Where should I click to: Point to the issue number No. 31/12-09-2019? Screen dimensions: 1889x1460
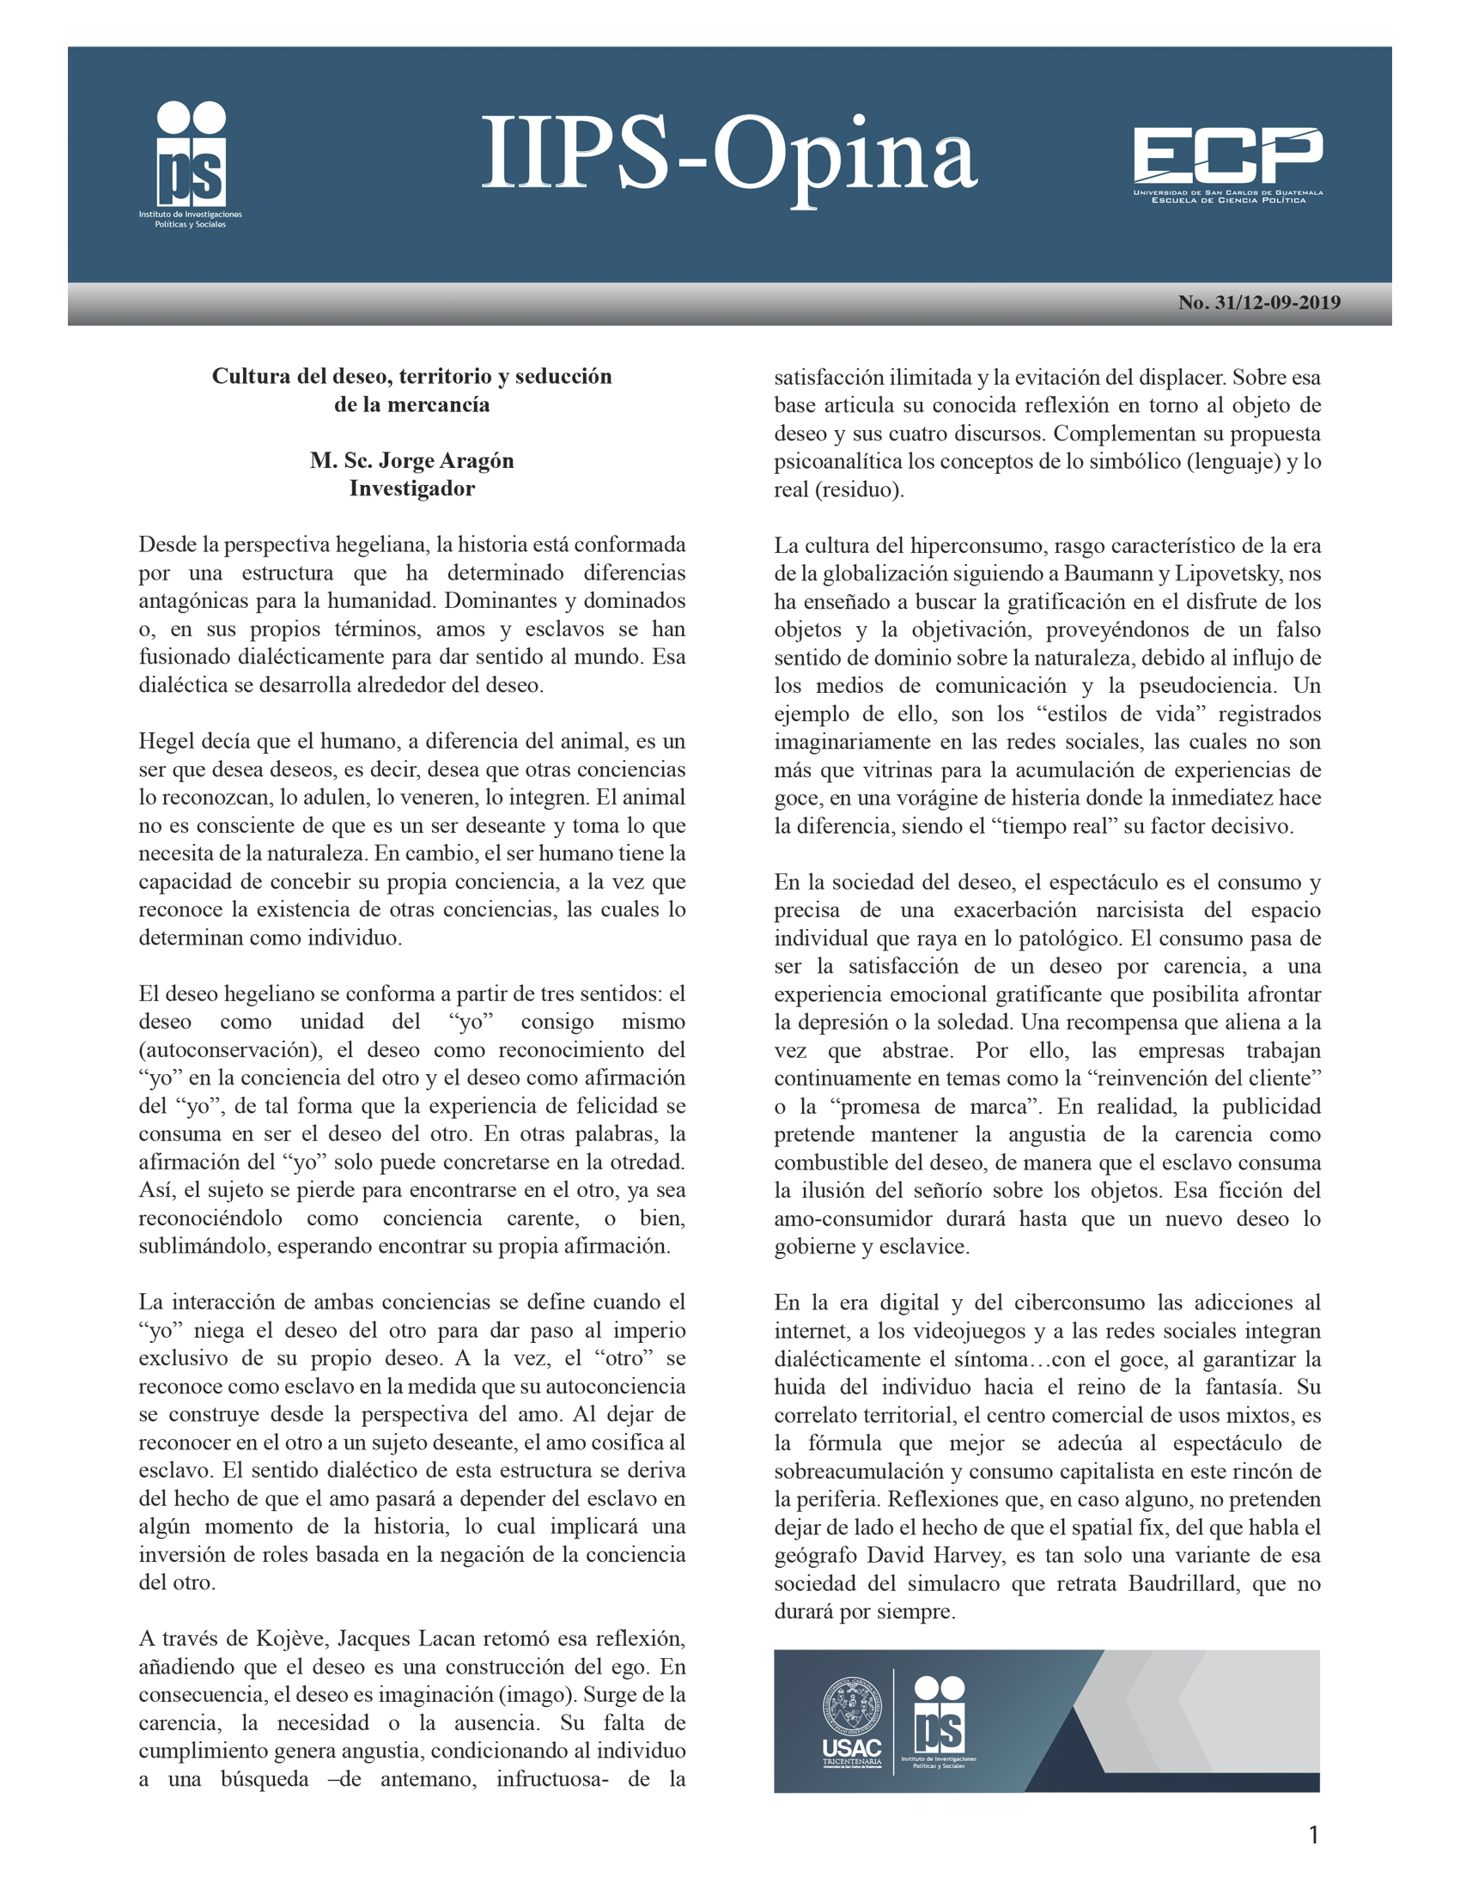point(1258,303)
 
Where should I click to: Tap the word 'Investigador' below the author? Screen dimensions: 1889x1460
point(411,489)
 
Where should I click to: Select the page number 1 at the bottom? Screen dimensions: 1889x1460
point(1314,1836)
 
